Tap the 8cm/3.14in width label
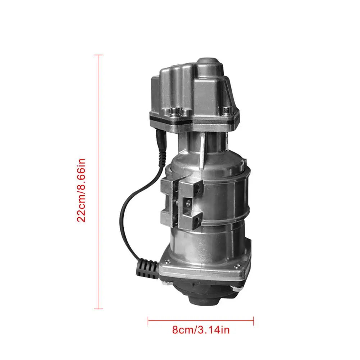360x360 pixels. pos(200,330)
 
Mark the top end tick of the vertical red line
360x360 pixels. pos(98,55)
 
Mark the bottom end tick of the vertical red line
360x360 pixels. pos(98,309)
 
